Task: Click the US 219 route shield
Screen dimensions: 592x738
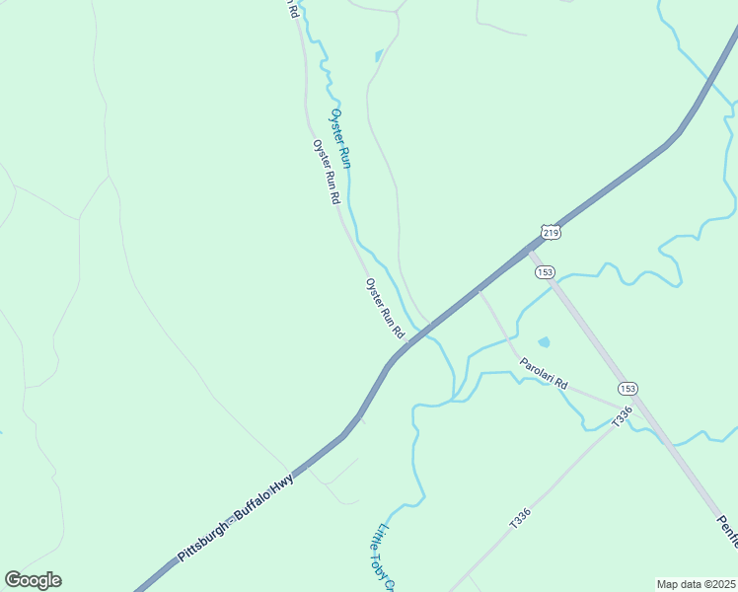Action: point(551,232)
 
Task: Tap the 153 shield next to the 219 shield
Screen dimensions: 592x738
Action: point(546,271)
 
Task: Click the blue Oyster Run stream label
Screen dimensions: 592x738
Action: point(340,138)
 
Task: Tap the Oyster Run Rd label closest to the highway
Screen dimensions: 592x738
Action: point(386,309)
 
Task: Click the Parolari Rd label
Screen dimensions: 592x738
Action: point(546,372)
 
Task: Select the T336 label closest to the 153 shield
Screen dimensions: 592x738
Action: point(621,417)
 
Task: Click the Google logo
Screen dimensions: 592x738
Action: point(33,580)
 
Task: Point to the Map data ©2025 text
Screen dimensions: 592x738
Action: point(696,584)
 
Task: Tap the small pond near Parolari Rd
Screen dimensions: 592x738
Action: point(544,342)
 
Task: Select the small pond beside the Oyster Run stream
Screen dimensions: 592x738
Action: point(377,55)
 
